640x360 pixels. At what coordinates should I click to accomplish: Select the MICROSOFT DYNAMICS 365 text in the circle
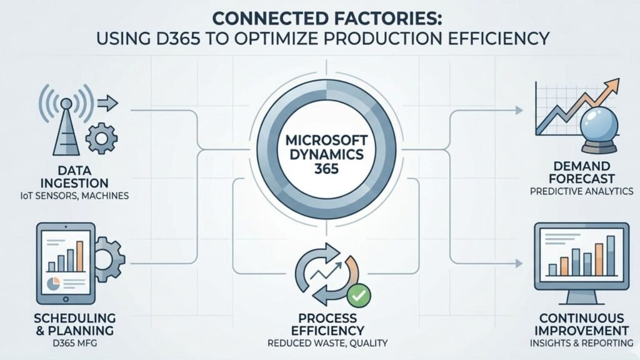pos(319,152)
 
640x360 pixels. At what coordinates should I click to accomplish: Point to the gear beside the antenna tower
pos(100,138)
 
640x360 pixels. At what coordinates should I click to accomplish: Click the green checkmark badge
pos(358,292)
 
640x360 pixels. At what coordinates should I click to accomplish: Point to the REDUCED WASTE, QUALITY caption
pos(319,342)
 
